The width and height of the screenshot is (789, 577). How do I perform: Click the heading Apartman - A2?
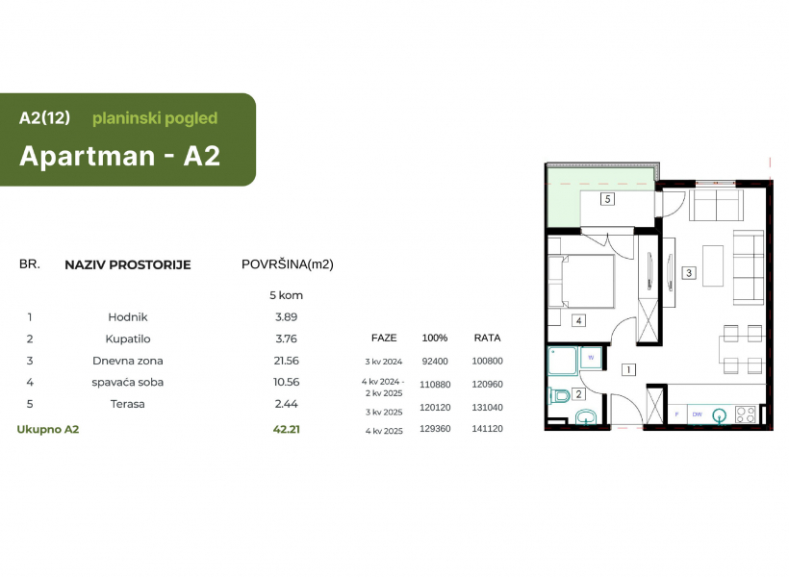119,156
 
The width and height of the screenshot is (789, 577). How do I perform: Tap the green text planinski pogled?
155,118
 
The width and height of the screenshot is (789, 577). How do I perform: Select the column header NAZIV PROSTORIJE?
128,264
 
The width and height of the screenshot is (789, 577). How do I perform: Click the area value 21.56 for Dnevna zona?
287,361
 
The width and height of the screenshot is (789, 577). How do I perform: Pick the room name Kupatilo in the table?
128,339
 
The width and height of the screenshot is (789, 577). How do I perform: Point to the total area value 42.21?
287,429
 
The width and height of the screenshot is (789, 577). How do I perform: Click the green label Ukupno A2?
48,429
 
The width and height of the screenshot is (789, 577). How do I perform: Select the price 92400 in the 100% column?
435,362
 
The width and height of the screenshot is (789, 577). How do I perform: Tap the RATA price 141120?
487,429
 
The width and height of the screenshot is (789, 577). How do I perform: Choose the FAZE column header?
384,339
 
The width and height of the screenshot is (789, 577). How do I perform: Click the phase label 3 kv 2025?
384,412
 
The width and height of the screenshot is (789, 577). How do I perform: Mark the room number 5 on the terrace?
607,199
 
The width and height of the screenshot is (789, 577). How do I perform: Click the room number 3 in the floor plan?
689,273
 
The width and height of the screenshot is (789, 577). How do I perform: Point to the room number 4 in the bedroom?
578,320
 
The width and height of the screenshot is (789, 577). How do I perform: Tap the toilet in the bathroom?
558,396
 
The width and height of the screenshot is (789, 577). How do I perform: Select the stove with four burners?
746,414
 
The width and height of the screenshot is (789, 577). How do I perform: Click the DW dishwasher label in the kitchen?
697,414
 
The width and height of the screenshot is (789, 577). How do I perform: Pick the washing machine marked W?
591,358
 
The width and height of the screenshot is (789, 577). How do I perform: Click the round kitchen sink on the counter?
720,415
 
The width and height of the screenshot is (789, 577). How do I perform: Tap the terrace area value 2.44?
287,404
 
